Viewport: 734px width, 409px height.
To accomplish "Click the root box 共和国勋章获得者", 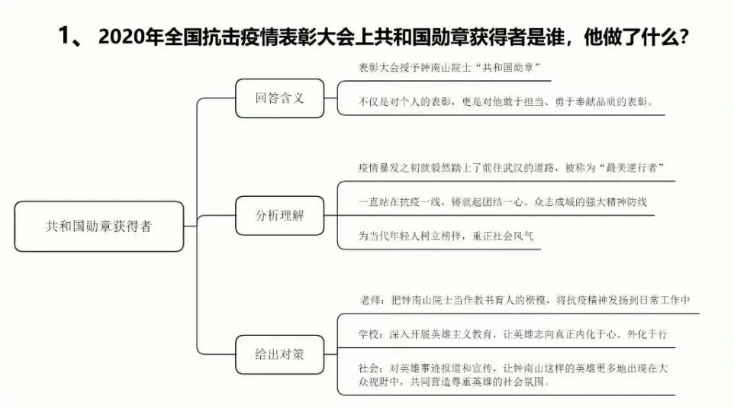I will pos(98,227).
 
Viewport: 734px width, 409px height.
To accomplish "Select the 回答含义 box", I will pos(279,98).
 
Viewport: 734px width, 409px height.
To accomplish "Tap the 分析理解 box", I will pos(279,215).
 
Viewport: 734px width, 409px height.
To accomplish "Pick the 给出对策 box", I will pos(279,355).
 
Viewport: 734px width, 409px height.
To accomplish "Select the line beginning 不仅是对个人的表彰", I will pos(505,101).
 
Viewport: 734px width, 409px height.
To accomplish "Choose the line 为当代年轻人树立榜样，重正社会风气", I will pos(446,235).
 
